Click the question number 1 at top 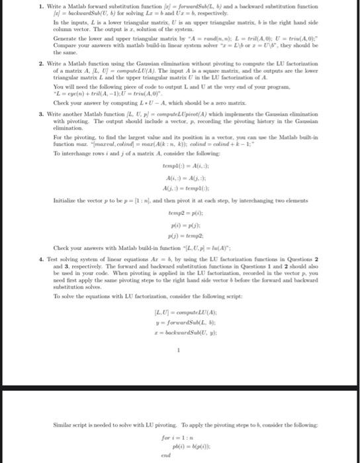coord(22,7)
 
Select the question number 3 coord(22,114)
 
